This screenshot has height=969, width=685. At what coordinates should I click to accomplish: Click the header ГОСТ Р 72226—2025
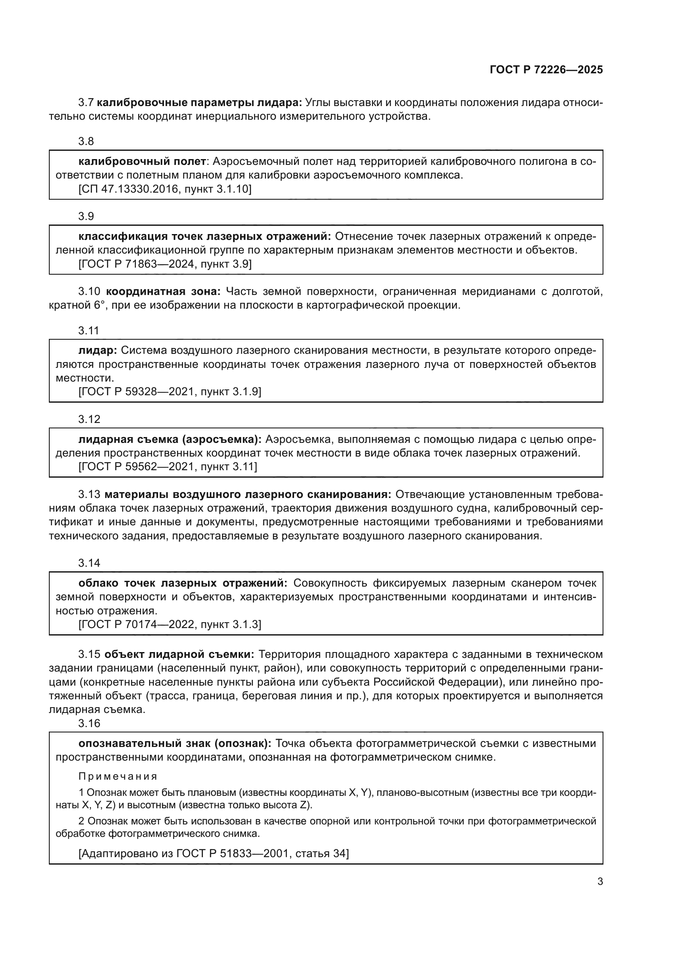546,70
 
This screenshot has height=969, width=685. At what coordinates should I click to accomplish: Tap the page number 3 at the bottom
600,882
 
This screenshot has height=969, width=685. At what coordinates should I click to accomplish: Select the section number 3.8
86,141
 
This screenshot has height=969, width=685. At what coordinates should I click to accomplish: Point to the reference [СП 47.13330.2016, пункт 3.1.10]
165,189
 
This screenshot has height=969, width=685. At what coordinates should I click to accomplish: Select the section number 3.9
86,217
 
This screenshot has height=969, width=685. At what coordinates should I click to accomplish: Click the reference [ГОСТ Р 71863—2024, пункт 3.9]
165,264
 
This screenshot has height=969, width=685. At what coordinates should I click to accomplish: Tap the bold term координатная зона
163,292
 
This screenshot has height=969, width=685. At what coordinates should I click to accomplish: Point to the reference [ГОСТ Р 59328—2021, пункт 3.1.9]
169,392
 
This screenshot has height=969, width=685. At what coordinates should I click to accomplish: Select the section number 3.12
89,420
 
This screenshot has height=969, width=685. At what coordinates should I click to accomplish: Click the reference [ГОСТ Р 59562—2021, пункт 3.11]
167,467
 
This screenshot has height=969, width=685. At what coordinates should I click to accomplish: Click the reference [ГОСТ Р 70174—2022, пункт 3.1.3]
169,625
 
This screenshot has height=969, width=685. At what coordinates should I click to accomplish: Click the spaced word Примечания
118,776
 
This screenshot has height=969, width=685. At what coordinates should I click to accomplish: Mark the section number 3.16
89,723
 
